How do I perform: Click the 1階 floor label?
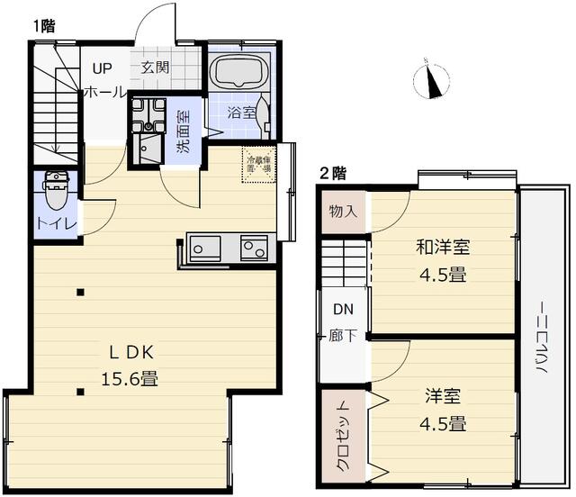43,26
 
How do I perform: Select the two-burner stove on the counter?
254,246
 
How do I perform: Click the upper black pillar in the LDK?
81,292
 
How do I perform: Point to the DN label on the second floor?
343,309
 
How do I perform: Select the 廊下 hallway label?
343,336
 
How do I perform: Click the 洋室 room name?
444,395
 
